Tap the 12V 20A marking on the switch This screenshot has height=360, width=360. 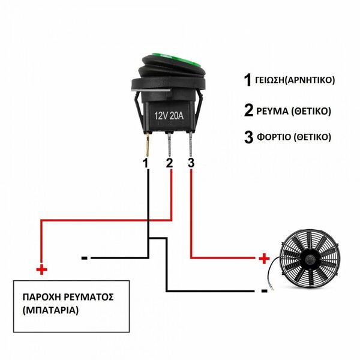click(x=169, y=116)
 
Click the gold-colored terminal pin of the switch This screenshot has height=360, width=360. click(x=148, y=145)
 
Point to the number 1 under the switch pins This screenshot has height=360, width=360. click(x=145, y=163)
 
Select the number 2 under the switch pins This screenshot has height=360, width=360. click(x=169, y=163)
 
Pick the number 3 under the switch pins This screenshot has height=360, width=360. click(x=191, y=163)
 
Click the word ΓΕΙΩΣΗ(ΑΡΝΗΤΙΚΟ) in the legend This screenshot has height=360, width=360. click(x=295, y=80)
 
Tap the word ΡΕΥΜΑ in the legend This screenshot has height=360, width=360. click(x=272, y=111)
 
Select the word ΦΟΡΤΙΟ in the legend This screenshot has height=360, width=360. click(x=274, y=137)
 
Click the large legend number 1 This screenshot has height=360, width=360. click(x=248, y=80)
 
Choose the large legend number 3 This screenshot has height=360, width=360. click(x=248, y=137)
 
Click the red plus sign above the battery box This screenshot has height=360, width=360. click(x=41, y=269)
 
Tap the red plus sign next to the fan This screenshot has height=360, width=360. click(x=264, y=259)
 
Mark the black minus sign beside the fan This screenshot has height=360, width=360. click(x=264, y=291)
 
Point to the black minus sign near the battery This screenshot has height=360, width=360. click(x=84, y=258)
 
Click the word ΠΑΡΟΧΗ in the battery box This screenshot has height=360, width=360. click(x=41, y=297)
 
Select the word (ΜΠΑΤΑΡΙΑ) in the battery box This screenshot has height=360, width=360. click(x=50, y=310)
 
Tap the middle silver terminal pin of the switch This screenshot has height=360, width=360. click(x=169, y=144)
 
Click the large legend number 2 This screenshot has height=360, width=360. click(x=248, y=110)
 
